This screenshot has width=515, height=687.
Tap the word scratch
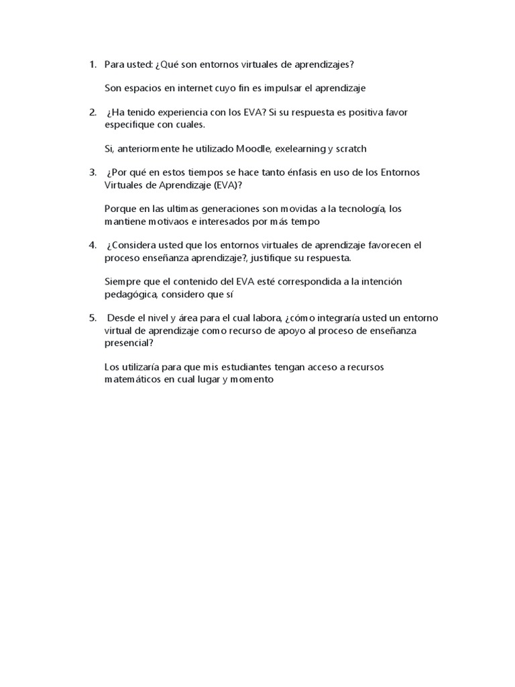click(351, 148)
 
